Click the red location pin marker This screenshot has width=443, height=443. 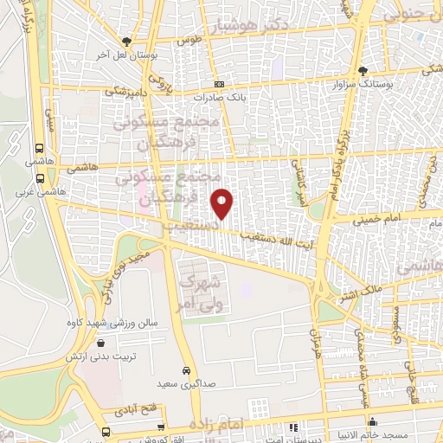click(x=223, y=204)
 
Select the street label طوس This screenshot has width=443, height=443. click(x=189, y=41)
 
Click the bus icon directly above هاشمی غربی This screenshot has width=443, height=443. click(x=40, y=148)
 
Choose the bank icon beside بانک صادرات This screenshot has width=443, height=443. click(x=220, y=85)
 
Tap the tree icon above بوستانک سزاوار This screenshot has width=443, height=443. click(x=363, y=70)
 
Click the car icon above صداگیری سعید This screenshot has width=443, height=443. click(x=187, y=367)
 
